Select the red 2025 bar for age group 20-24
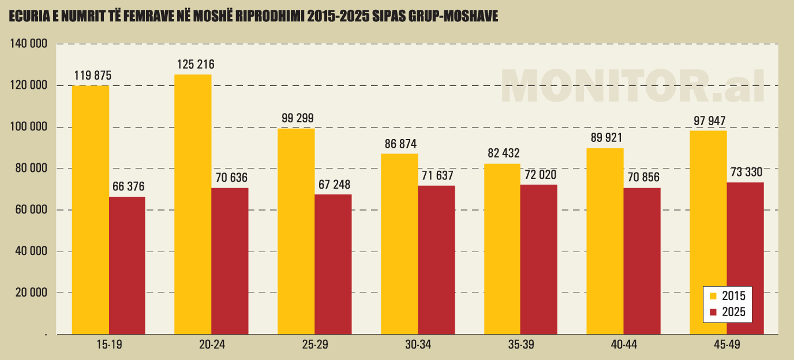point(230,261)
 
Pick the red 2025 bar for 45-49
point(745,258)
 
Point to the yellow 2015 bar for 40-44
point(605,241)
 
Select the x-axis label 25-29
point(315,345)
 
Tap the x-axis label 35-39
point(521,345)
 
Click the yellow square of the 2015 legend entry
point(713,296)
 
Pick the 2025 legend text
point(734,312)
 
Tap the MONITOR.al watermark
point(632,87)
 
